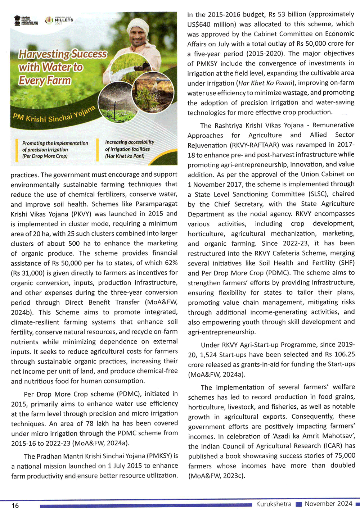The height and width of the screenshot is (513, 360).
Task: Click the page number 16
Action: [x=15, y=505]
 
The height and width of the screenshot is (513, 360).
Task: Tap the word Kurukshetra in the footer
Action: [x=274, y=504]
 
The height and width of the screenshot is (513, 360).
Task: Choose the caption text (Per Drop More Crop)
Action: [x=45, y=156]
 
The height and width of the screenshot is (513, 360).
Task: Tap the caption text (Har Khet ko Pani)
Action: [x=125, y=156]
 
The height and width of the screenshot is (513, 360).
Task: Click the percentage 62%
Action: [x=169, y=263]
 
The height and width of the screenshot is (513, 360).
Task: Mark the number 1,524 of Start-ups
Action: [x=208, y=355]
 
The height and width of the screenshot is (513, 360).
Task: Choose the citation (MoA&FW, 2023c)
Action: [x=216, y=476]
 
